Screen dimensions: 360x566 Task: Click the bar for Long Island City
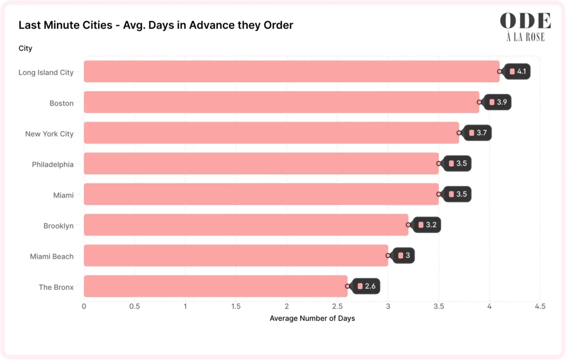291,71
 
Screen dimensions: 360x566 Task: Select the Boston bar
281,102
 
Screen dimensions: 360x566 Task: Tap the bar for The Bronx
216,286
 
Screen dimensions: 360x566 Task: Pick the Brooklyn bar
246,225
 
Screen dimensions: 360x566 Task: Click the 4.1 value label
518,72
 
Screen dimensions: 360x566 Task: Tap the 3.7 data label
478,133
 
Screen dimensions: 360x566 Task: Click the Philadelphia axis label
53,165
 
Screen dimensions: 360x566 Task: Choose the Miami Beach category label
51,257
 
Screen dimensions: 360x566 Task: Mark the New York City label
49,134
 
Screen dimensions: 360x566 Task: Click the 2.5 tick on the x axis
337,306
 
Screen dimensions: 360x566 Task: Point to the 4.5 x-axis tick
539,306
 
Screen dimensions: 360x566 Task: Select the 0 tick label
84,306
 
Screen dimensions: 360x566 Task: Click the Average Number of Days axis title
312,319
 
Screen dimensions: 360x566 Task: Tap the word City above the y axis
25,49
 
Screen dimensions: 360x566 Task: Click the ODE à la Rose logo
525,27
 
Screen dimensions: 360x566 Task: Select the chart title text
156,25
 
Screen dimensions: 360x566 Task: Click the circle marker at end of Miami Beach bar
388,255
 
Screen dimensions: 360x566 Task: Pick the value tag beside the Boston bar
497,102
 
